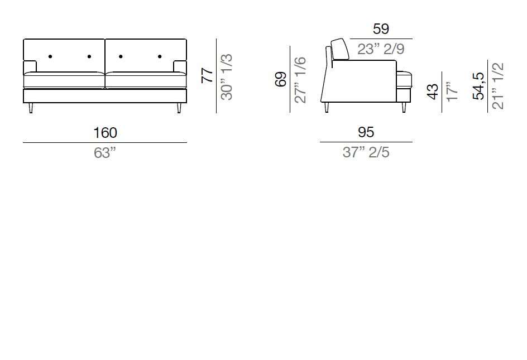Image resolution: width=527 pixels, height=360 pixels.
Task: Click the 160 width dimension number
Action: pyautogui.click(x=105, y=133)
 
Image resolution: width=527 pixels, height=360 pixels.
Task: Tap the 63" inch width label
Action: pyautogui.click(x=105, y=153)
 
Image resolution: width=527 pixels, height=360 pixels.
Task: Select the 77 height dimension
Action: pyautogui.click(x=207, y=75)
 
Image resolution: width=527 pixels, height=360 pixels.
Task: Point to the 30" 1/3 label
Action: pyautogui.click(x=227, y=76)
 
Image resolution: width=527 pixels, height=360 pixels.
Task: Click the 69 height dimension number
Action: pyautogui.click(x=281, y=79)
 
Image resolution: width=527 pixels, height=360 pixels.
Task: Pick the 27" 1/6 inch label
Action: pyautogui.click(x=300, y=80)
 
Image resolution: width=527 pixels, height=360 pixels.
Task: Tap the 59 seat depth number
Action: pyautogui.click(x=381, y=29)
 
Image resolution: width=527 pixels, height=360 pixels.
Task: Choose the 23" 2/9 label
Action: pyautogui.click(x=381, y=49)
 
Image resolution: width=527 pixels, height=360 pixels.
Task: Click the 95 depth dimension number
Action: pyautogui.click(x=366, y=132)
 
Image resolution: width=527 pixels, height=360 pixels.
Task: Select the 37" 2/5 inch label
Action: pyautogui.click(x=366, y=152)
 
